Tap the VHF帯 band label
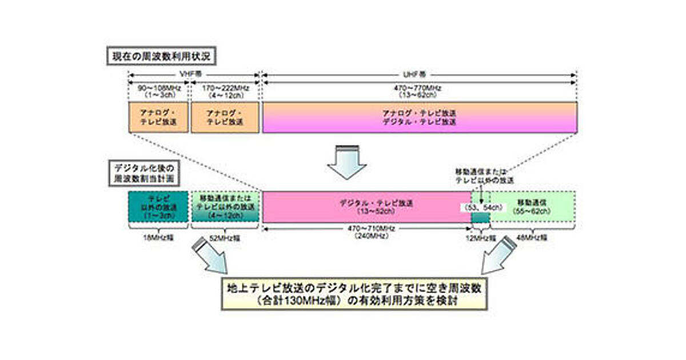[194, 74]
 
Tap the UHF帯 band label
[420, 74]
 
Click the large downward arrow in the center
[348, 163]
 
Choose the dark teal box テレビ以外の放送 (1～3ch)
[157, 206]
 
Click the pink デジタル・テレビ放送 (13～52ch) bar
[366, 206]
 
